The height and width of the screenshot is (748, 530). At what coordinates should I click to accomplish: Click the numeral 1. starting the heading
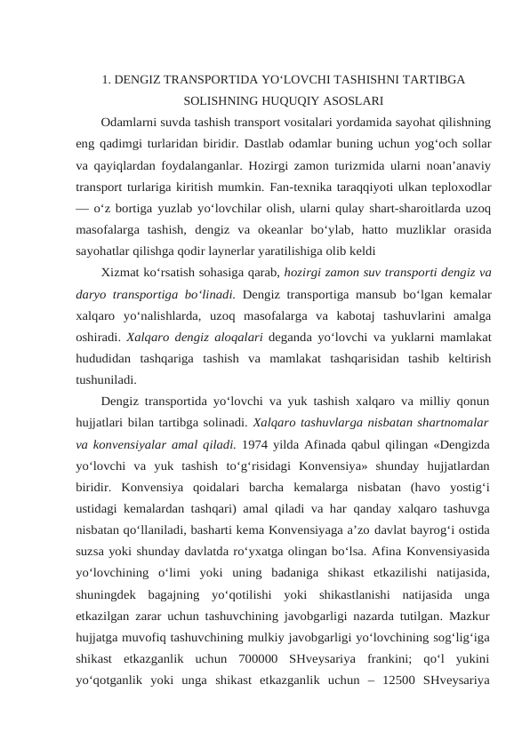[108, 80]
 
